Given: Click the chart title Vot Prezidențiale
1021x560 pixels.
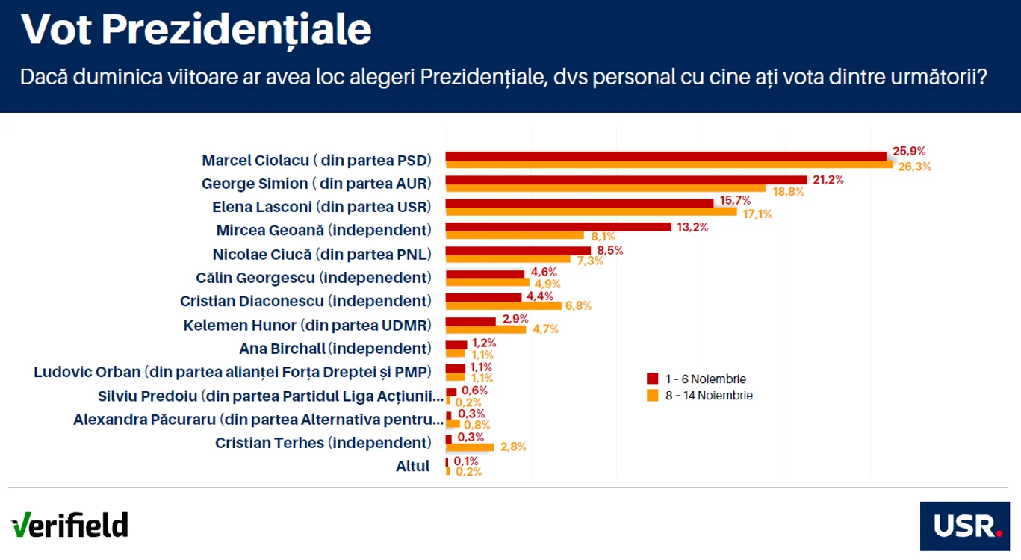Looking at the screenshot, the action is [196, 30].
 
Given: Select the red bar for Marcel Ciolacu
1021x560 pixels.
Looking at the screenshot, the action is [666, 156].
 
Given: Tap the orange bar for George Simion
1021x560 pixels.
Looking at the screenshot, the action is [606, 188].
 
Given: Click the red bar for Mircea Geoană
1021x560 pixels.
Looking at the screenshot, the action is [559, 226].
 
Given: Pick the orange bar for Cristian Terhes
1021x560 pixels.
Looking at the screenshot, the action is [470, 447].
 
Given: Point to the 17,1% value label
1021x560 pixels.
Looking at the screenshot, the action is [757, 214].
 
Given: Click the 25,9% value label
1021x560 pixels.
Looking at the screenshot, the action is [909, 151].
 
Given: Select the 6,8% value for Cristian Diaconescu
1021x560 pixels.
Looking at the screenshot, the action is [578, 305].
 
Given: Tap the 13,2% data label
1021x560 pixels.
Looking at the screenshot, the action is [692, 227].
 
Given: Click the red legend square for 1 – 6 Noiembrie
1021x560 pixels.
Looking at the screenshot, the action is [652, 379].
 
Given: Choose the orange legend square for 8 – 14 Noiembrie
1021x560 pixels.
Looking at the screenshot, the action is [652, 395].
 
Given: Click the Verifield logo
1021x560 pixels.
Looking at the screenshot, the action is [69, 525].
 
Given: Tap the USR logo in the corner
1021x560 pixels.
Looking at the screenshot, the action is [965, 526].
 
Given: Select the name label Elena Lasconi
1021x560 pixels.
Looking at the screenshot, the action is [262, 207].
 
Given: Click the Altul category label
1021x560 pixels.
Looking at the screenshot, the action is [412, 466].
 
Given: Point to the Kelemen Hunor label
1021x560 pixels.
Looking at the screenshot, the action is [240, 326].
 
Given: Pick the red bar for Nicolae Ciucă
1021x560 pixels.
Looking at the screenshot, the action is [518, 251].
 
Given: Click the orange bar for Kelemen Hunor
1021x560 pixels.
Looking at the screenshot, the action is [486, 329].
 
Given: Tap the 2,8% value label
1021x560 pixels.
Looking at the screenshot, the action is [513, 447].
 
